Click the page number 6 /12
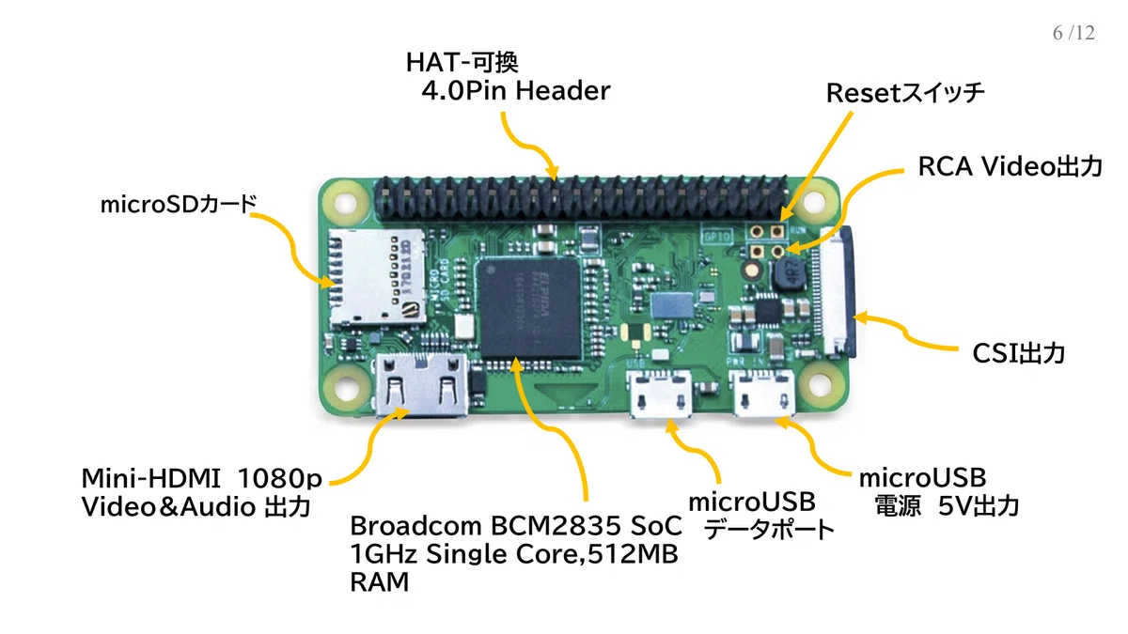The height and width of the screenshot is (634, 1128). (1073, 33)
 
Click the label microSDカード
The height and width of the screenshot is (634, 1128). (179, 205)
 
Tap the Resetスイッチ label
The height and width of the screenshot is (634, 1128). (905, 93)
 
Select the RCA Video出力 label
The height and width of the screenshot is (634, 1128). (1010, 166)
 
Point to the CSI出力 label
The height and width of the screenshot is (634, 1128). (1018, 353)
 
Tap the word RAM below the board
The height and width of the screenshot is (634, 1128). (379, 582)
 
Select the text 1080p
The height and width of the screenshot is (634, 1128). (279, 478)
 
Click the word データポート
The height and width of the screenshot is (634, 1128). (768, 530)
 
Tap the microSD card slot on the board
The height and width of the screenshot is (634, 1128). (377, 278)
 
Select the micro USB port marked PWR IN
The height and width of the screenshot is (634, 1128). (764, 394)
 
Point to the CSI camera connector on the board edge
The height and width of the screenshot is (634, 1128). (837, 293)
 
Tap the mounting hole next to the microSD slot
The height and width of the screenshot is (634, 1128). (346, 203)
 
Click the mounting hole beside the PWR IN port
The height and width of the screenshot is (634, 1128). (820, 385)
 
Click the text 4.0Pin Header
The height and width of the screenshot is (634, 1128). (516, 91)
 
